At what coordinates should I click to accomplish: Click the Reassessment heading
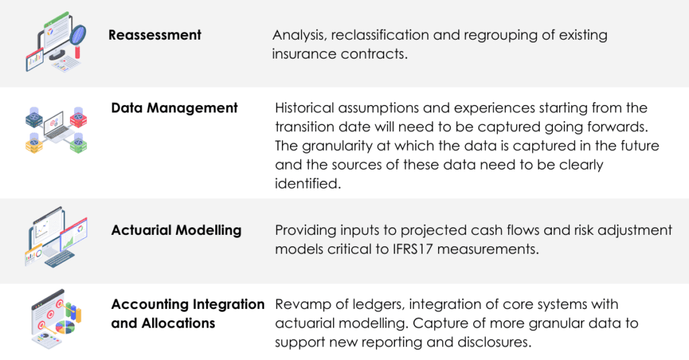155,34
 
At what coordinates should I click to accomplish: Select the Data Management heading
174,108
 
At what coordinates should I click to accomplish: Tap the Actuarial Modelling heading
176,230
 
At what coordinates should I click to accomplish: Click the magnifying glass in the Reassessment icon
76,35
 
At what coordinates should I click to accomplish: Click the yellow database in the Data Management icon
34,141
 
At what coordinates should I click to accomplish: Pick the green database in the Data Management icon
79,141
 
